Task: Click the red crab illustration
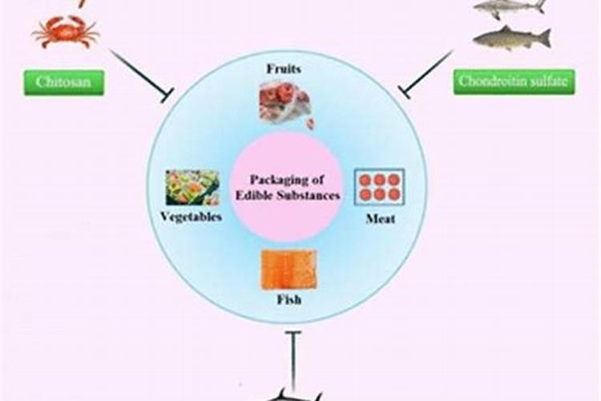(x=66, y=31)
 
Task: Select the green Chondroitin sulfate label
(x=514, y=82)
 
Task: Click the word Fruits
(x=284, y=70)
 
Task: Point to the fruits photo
(x=284, y=103)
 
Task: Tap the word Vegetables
(x=191, y=217)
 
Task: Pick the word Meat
(x=379, y=218)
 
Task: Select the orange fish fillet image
(x=288, y=269)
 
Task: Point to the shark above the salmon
(x=509, y=7)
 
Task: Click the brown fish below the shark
(x=511, y=37)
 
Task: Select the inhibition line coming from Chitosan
(x=140, y=75)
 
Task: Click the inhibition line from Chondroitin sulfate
(x=429, y=75)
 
